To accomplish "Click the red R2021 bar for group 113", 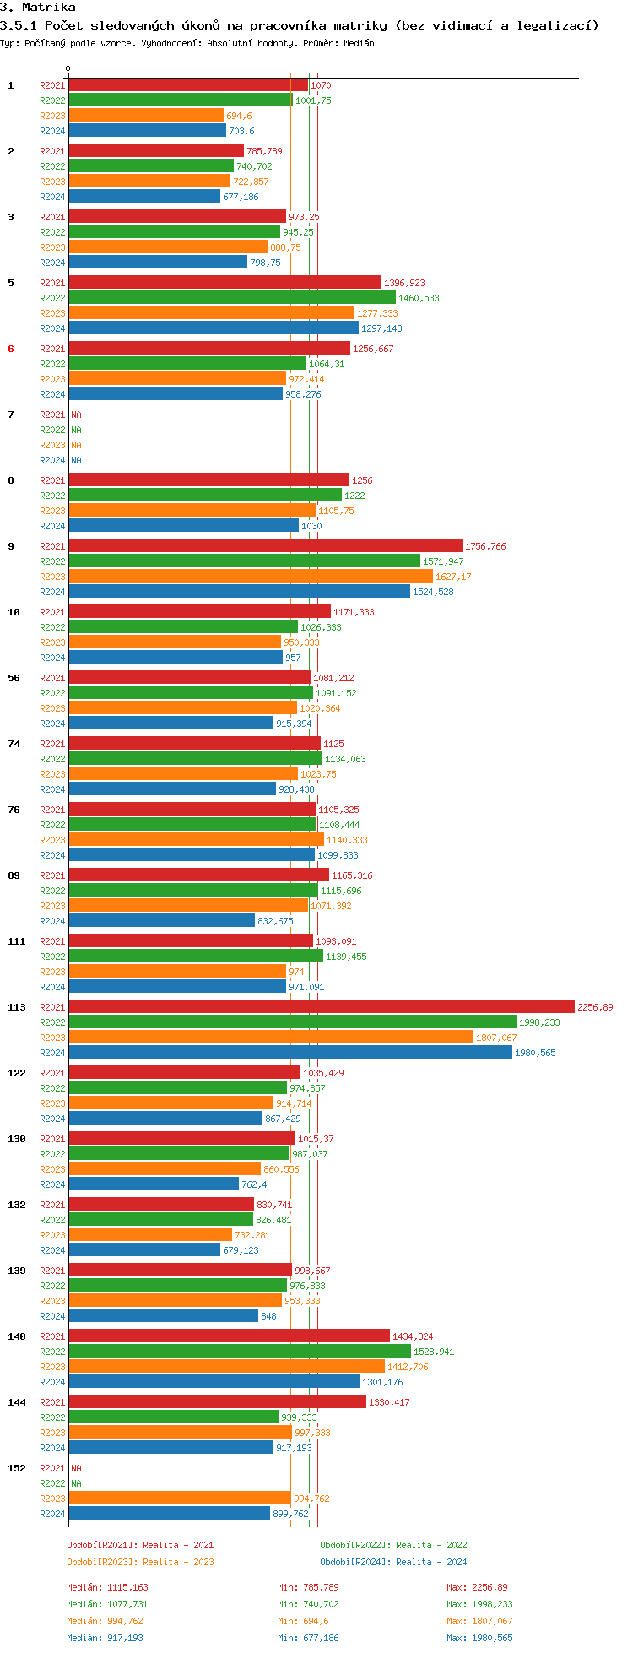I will tap(321, 1007).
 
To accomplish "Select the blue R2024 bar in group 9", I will tap(239, 592).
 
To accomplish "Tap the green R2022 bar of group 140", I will tap(239, 1352).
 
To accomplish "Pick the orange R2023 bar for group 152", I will tap(179, 1499).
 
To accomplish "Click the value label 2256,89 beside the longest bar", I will tap(595, 1007).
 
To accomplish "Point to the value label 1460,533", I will tap(419, 298).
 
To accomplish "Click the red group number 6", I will tap(11, 349).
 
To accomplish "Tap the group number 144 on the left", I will tap(17, 1402).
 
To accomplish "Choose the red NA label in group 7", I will tap(76, 415).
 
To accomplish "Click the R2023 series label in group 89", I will tap(52, 906).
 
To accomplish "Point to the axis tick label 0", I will tap(68, 69).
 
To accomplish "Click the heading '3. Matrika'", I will tap(38, 8).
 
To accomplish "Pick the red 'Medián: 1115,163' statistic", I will tap(107, 1587).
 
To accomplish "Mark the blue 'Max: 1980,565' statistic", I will tap(479, 1638).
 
